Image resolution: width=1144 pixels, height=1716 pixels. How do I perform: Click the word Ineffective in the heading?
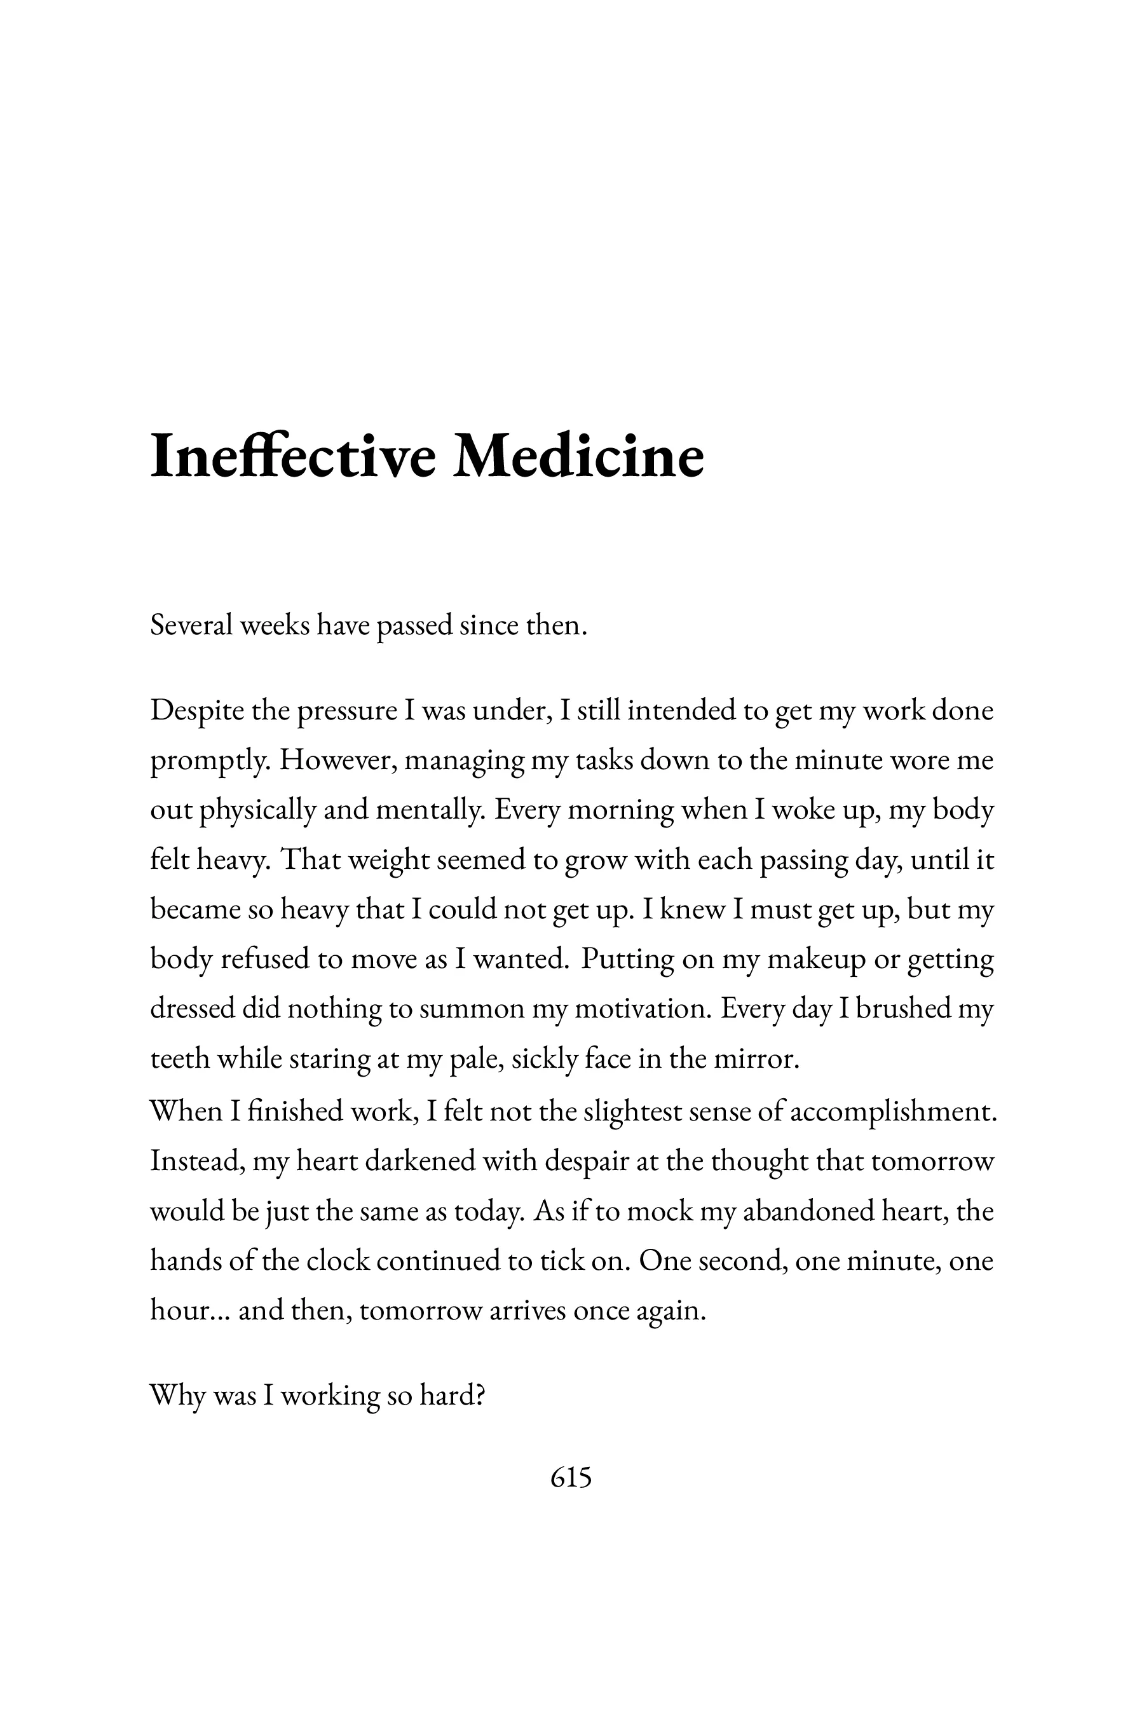[292, 457]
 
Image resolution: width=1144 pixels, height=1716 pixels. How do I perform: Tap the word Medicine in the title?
[578, 457]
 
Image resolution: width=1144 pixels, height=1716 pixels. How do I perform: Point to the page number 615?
[571, 1478]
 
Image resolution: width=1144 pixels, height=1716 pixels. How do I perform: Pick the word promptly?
[211, 761]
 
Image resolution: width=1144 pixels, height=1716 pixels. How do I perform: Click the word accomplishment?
[893, 1111]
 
